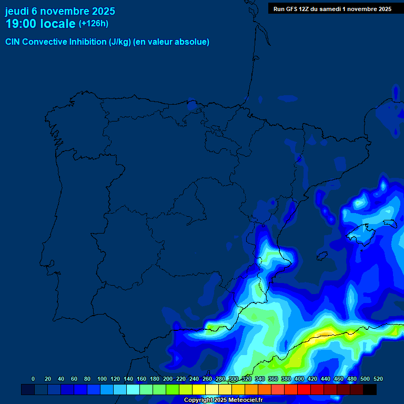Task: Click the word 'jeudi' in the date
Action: point(17,11)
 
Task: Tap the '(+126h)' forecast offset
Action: point(93,24)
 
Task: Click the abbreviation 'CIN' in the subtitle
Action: point(14,42)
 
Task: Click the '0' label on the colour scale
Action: point(33,379)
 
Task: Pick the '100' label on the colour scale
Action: point(102,379)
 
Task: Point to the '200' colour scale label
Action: point(168,379)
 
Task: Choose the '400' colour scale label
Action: point(299,379)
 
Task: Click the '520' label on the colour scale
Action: point(378,379)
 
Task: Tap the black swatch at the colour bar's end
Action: point(370,389)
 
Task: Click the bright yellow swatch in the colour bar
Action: point(199,389)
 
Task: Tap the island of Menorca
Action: point(389,223)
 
